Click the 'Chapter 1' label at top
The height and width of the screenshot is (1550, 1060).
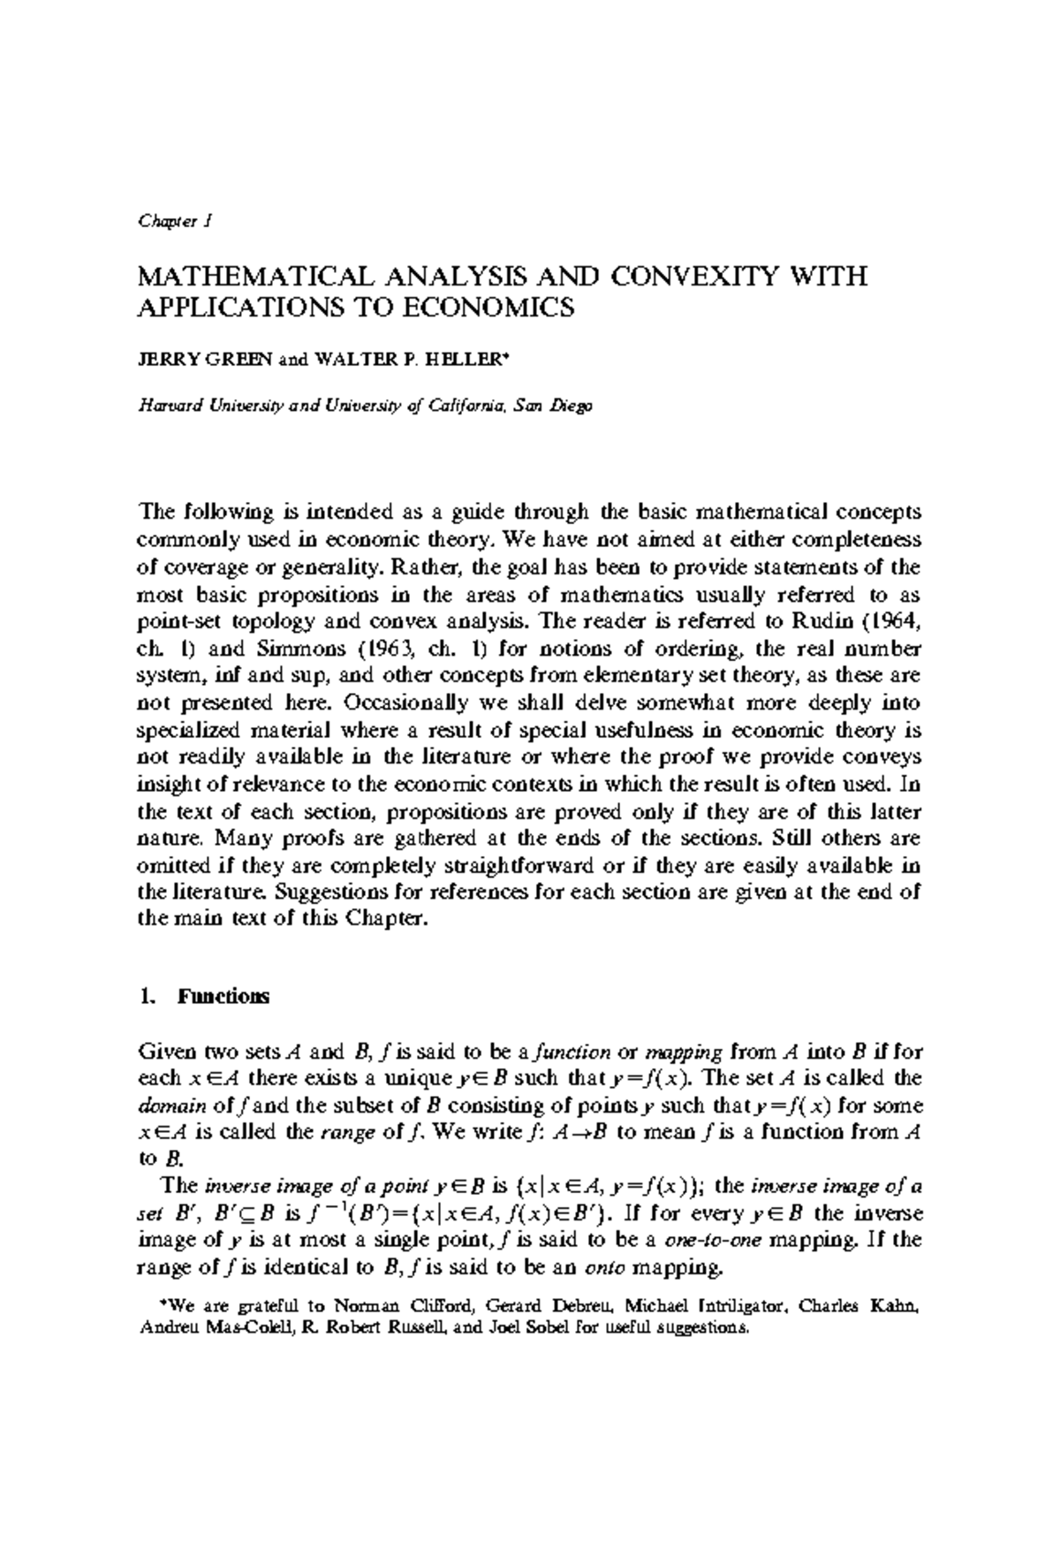173,221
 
